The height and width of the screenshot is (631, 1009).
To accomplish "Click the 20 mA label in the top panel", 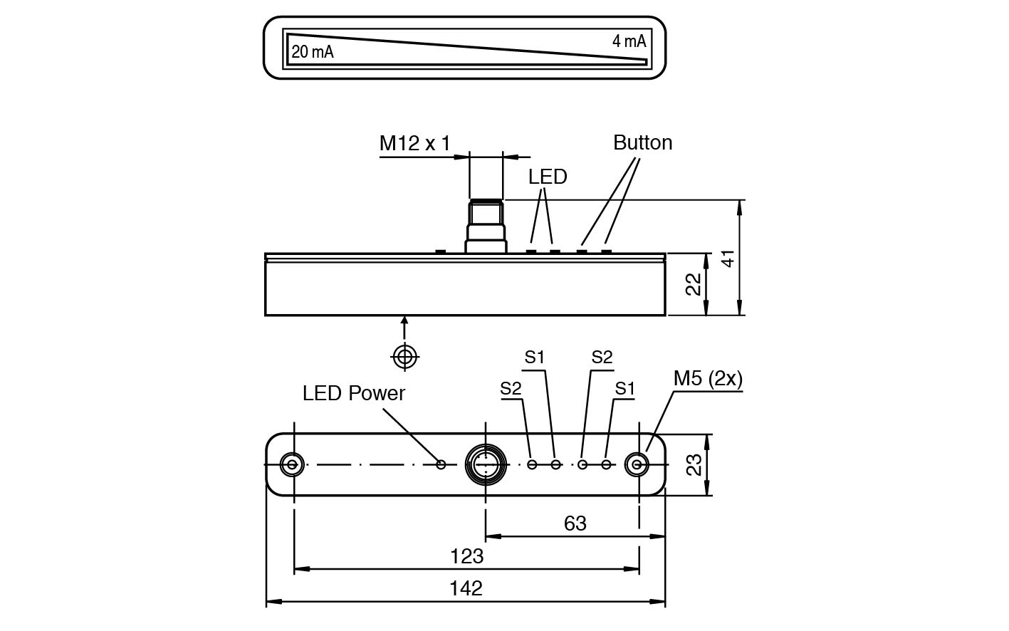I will click(x=312, y=51).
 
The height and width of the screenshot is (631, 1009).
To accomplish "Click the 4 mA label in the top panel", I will click(x=629, y=41).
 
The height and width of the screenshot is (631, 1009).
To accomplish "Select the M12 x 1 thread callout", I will click(x=414, y=143).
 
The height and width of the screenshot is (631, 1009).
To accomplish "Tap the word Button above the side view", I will click(x=642, y=142).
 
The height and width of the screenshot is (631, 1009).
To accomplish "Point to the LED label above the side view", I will click(x=548, y=177).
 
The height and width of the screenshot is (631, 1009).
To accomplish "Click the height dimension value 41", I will click(x=727, y=258).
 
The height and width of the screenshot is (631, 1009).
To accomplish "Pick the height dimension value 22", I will click(x=694, y=283).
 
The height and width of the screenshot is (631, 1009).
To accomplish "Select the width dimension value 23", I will click(x=694, y=464).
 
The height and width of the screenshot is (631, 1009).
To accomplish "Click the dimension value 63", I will click(x=575, y=523).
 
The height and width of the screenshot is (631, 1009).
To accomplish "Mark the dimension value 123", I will click(x=466, y=556).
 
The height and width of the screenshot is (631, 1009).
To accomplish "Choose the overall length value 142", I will click(x=466, y=588).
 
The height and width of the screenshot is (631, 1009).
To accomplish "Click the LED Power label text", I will click(x=353, y=393).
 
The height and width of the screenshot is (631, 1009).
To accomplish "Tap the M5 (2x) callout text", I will click(x=708, y=379).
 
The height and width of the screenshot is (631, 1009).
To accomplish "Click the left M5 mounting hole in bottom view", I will click(x=291, y=464).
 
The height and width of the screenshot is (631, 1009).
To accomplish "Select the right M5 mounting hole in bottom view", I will click(x=637, y=464).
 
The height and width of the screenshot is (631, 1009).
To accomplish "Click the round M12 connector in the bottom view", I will click(x=486, y=464).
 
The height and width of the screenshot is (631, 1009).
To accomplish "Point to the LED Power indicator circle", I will click(x=441, y=464).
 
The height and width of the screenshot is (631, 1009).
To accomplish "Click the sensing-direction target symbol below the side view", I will click(x=404, y=356).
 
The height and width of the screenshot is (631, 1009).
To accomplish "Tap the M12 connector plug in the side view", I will click(x=486, y=226).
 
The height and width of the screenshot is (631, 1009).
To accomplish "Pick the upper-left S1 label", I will click(x=535, y=357).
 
